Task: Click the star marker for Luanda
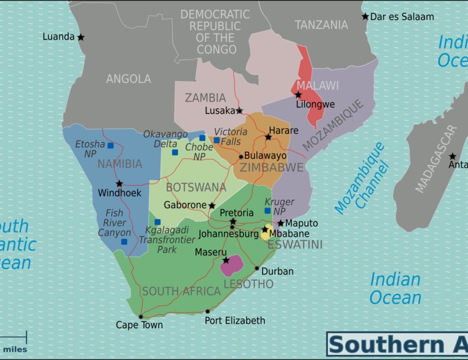pyautogui.click(x=81, y=37)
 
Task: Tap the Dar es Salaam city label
pyautogui.click(x=403, y=17)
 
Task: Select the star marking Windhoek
pyautogui.click(x=119, y=184)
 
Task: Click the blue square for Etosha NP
pyautogui.click(x=110, y=146)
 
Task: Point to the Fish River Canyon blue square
pyautogui.click(x=124, y=241)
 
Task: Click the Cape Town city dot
pyautogui.click(x=140, y=317)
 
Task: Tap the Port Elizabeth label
pyautogui.click(x=235, y=321)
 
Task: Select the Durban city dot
pyautogui.click(x=257, y=269)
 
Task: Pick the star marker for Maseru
pyautogui.click(x=226, y=260)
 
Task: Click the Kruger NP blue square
pyautogui.click(x=267, y=210)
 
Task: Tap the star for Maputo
pyautogui.click(x=280, y=223)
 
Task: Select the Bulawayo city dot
pyautogui.click(x=240, y=157)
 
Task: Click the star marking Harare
pyautogui.click(x=269, y=137)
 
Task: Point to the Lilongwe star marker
pyautogui.click(x=298, y=95)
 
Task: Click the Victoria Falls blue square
pyautogui.click(x=216, y=140)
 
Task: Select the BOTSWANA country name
pyautogui.click(x=196, y=188)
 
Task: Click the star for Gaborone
pyautogui.click(x=212, y=206)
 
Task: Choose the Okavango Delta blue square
pyautogui.click(x=175, y=152)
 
